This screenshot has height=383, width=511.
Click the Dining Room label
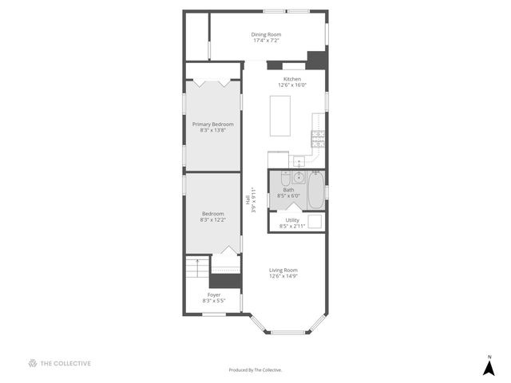coord(266,34)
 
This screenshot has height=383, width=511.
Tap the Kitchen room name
coord(291,79)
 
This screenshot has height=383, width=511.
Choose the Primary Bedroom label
coord(212,124)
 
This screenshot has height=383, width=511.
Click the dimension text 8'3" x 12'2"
coord(212,219)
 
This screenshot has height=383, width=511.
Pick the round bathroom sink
coord(297,177)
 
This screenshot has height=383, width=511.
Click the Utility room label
coord(291,219)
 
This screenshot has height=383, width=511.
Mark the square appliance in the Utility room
coord(315,222)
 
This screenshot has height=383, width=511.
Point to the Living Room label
coord(283,270)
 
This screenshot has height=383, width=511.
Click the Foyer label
coord(212,295)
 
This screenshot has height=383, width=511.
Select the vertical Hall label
coord(248,201)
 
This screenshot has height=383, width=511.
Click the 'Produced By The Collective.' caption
coord(255,370)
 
